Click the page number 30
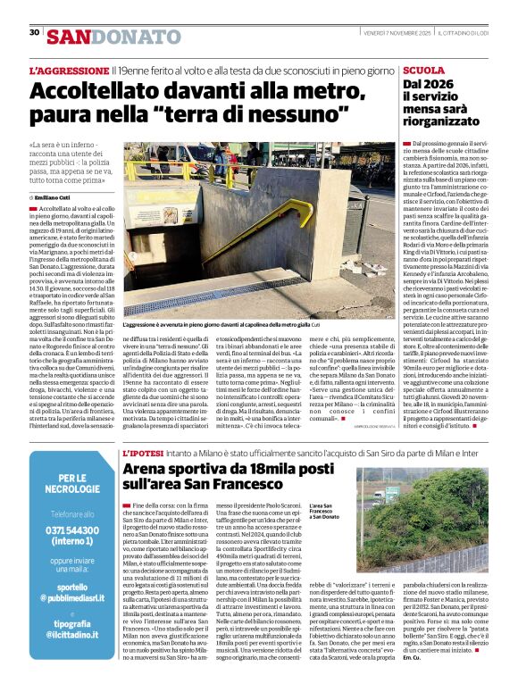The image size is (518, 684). [x=34, y=32]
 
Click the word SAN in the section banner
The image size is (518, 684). [x=69, y=37]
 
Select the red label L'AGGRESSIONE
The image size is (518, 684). [x=69, y=70]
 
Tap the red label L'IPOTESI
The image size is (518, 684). [x=143, y=454]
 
